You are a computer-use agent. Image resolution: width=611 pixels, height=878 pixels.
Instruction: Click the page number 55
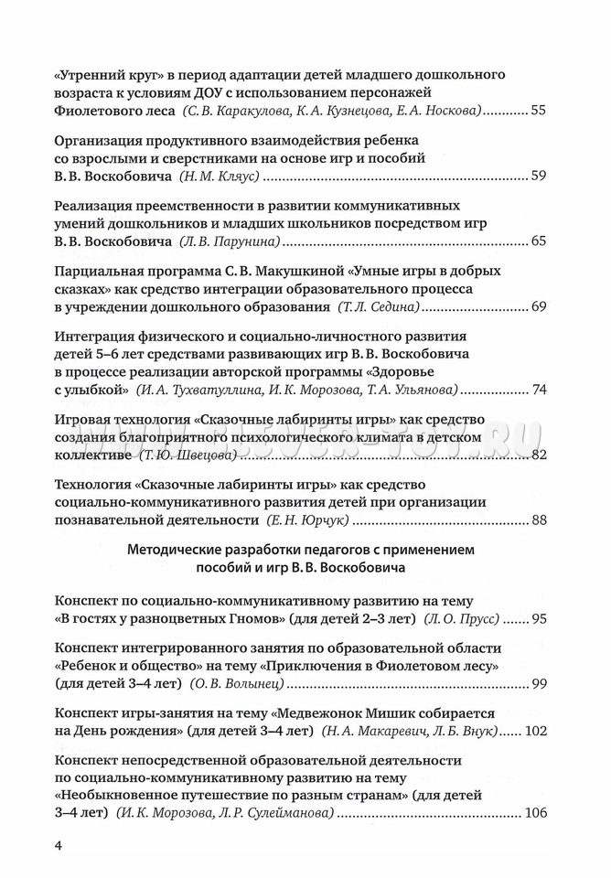[538, 111]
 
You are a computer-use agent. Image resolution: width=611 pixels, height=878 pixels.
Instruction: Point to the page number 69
[538, 307]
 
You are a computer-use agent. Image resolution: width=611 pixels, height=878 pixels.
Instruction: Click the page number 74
[538, 390]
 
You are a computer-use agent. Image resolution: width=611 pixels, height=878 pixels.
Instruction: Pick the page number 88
[538, 520]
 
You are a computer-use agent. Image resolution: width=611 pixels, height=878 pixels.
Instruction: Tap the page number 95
[538, 619]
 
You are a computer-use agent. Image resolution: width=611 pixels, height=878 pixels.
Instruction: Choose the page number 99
[538, 684]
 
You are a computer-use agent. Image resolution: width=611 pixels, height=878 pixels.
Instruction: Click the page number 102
[534, 731]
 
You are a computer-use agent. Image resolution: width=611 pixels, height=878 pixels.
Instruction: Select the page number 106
[534, 813]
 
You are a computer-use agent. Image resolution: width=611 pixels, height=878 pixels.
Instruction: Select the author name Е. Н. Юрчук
[309, 521]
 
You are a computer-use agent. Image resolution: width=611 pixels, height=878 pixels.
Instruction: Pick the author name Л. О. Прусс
[462, 620]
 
